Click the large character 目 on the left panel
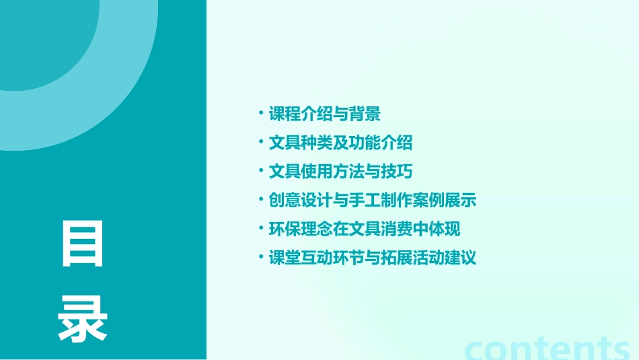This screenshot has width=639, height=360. [x=83, y=244]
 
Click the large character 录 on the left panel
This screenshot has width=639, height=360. [x=83, y=320]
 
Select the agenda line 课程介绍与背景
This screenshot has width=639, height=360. [x=325, y=114]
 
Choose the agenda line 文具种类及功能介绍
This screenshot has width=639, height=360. [x=340, y=143]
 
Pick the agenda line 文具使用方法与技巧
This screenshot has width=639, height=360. [x=340, y=172]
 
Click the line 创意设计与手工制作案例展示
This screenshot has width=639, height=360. [x=373, y=201]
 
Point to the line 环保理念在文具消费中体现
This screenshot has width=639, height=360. [x=365, y=229]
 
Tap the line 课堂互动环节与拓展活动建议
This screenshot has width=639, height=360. [x=373, y=258]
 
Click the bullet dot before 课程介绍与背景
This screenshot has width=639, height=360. [x=261, y=111]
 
